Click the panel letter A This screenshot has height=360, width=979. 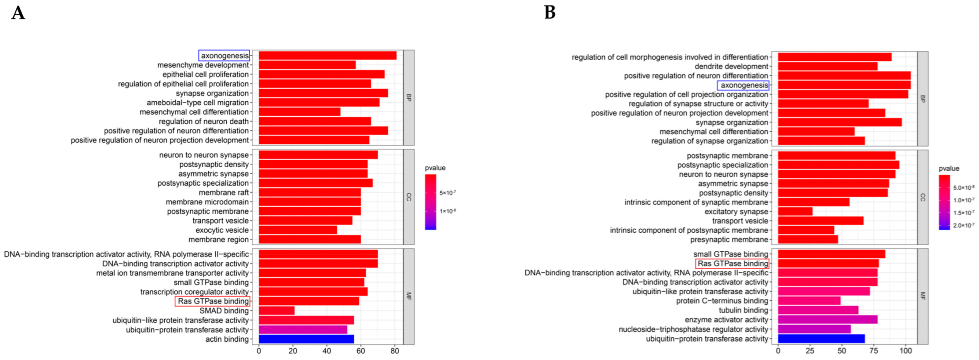click(18, 13)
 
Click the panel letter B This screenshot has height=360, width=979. click(549, 12)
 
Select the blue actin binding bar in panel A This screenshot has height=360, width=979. click(306, 339)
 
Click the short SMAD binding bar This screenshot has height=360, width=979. click(276, 311)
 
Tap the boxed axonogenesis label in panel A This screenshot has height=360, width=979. click(224, 56)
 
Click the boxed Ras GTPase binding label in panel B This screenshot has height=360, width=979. click(732, 264)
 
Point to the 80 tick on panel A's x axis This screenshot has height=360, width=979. click(394, 351)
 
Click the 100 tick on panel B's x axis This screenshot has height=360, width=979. click(905, 351)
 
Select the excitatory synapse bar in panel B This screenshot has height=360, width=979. click(795, 211)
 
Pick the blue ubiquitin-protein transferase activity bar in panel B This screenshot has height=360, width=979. click(821, 339)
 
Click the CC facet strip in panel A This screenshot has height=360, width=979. click(409, 197)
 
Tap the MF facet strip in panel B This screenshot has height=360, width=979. click(923, 296)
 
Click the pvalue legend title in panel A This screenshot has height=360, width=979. click(435, 168)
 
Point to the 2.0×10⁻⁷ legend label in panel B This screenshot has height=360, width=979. click(964, 225)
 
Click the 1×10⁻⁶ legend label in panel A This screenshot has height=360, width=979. click(448, 211)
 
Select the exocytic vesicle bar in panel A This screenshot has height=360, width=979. click(298, 230)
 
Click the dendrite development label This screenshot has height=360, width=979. click(731, 66)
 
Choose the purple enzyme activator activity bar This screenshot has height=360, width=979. click(827, 319)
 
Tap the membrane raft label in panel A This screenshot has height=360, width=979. click(223, 193)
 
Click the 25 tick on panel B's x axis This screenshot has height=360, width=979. click(810, 351)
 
